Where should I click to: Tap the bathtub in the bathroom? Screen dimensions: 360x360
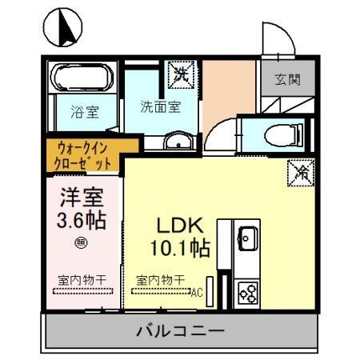(x=82, y=79)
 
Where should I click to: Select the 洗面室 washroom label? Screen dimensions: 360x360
(x=158, y=106)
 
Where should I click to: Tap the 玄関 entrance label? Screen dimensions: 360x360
(x=288, y=81)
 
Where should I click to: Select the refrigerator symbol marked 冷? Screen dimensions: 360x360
(x=302, y=171)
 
